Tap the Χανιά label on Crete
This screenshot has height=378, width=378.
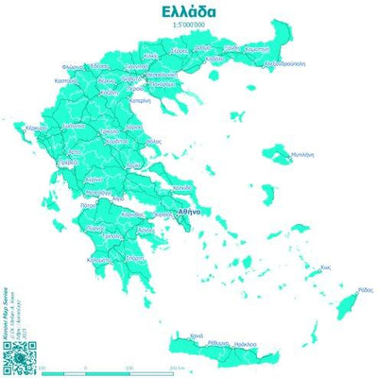(196, 335)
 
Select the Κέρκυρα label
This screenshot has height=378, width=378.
(37, 127)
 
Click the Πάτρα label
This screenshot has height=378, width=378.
(90, 202)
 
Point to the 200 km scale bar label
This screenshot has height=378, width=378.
(176, 367)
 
